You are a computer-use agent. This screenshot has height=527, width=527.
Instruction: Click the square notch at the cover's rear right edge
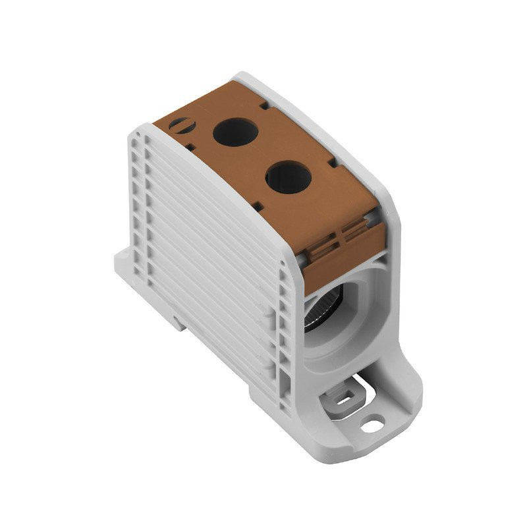(x=263, y=104)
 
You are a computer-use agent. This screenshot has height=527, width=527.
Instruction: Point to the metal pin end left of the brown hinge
(x=300, y=262)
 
